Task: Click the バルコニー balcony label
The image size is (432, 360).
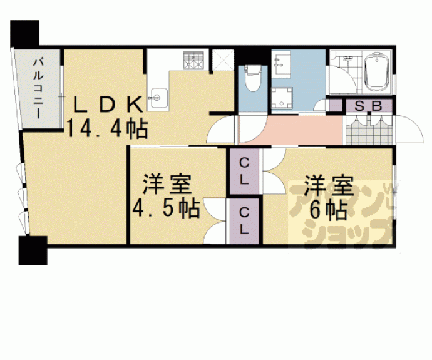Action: [36, 87]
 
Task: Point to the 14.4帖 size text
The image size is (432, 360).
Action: [108, 128]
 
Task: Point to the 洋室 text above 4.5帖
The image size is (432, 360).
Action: [166, 185]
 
